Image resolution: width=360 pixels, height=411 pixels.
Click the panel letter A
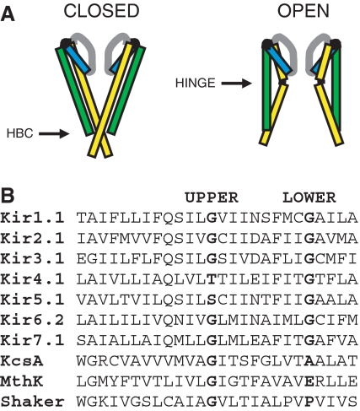(8, 14)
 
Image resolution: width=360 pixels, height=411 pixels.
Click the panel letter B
(8, 195)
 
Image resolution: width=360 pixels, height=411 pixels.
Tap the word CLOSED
(101, 11)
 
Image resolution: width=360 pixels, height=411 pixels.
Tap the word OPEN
(304, 11)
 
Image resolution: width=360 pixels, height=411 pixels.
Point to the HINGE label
(196, 83)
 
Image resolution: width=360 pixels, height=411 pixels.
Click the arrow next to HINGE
(236, 84)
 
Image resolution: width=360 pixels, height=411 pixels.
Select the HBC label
(19, 133)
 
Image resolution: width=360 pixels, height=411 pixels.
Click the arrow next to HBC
(54, 133)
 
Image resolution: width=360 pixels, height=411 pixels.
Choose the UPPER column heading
(212, 197)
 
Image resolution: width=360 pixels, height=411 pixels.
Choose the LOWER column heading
(309, 197)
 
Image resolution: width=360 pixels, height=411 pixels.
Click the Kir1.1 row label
(32, 218)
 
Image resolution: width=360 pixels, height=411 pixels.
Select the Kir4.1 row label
(32, 279)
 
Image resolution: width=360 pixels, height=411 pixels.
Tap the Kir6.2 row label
(32, 320)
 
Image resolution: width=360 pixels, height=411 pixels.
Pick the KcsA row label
(22, 361)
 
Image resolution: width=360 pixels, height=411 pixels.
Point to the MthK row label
(22, 381)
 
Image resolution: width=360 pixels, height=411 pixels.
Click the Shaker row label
(32, 402)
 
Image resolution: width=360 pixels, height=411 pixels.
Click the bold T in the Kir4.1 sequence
(212, 279)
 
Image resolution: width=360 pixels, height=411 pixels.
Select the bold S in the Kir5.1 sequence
(212, 300)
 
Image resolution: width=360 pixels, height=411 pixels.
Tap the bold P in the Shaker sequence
(309, 402)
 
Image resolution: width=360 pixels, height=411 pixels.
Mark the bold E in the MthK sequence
(309, 381)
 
